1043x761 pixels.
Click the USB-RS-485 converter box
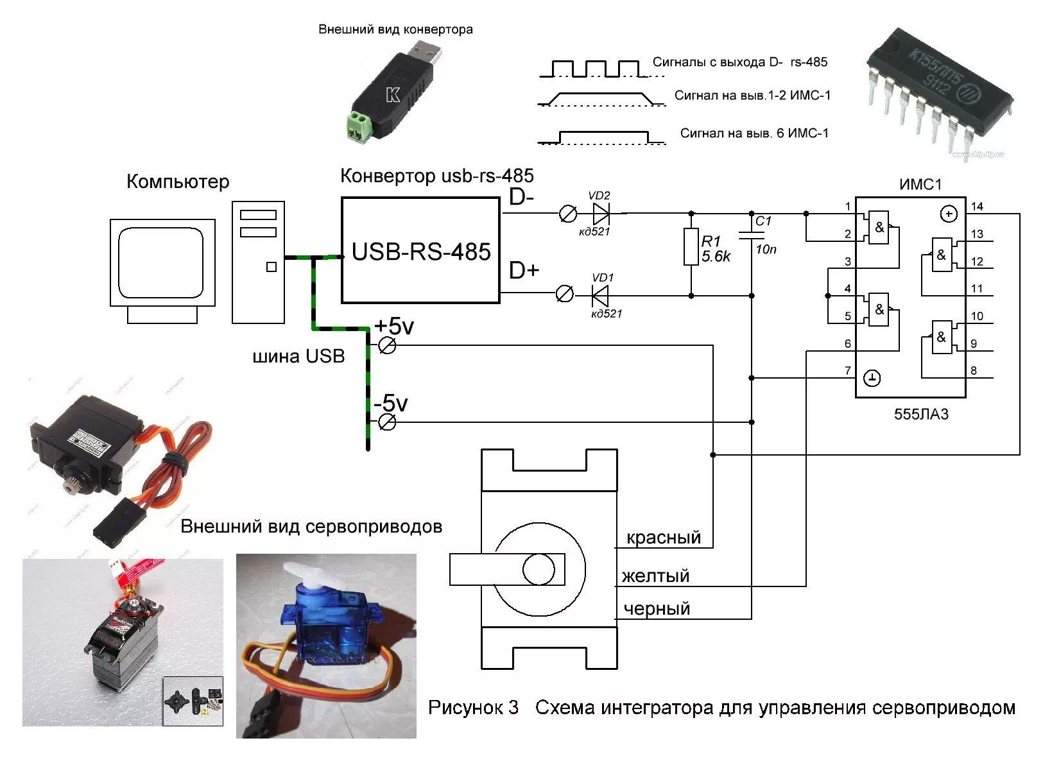pos(420,250)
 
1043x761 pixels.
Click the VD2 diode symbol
pos(601,213)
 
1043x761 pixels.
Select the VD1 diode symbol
pos(600,295)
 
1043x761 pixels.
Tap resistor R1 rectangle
pos(691,247)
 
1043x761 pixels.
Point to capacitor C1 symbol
pos(752,235)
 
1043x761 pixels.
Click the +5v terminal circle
pos(387,346)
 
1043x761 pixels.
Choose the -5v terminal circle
pos(387,422)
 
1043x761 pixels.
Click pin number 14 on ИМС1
pos(977,206)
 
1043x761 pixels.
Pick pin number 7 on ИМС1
pos(847,370)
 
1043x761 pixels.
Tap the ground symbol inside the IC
pos(871,379)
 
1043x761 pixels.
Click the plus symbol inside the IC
pos(948,214)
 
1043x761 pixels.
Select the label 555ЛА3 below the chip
pos(921,414)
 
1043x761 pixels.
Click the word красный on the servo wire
pos(664,537)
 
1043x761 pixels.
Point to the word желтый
pos(655,576)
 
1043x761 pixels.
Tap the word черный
pos(657,608)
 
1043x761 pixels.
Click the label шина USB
pos(298,356)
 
